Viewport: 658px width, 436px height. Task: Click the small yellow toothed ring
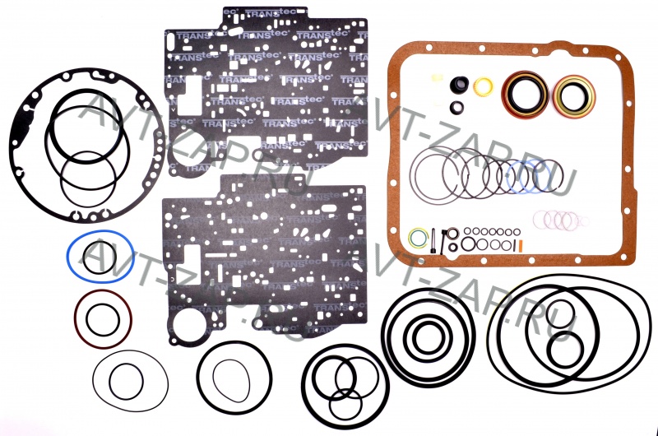pyautogui.click(x=484, y=86)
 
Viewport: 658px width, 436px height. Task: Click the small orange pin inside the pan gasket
pyautogui.click(x=521, y=245)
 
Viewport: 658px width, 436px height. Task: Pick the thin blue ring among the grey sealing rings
pyautogui.click(x=522, y=177)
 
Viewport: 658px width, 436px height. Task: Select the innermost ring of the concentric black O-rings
pyautogui.click(x=428, y=336)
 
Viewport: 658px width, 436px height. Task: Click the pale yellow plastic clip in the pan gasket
pyautogui.click(x=434, y=80)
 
